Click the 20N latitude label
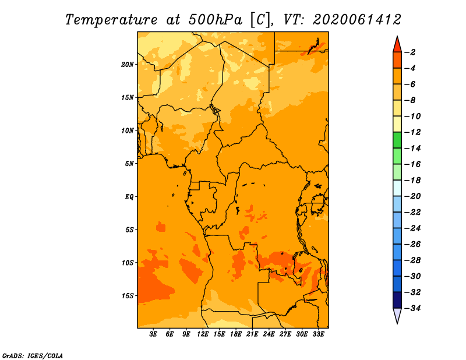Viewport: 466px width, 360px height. pos(128,65)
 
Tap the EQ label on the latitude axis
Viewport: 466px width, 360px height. pos(129,197)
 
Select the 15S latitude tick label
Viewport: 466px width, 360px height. pos(128,296)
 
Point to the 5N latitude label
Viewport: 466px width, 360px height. pos(129,164)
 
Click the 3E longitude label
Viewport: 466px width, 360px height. pos(153,334)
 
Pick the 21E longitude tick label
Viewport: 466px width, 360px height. pos(252,334)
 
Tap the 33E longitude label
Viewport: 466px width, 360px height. pos(318,334)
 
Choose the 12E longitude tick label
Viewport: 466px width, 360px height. pos(203,334)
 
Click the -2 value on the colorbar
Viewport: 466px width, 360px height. pos(410,52)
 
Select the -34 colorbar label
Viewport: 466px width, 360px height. pos(412,308)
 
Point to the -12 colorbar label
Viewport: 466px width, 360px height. pos(412,132)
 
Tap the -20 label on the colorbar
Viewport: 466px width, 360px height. pos(412,196)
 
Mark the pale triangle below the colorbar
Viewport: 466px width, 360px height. pos(397,315)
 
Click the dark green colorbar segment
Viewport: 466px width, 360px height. pos(397,140)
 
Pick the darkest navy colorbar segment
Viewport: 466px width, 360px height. pos(397,300)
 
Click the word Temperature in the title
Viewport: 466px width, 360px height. pos(111,20)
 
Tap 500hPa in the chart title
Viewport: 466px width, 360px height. pos(216,20)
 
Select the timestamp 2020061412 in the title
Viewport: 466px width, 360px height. pos(357,20)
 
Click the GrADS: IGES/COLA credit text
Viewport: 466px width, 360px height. pos(33,356)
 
